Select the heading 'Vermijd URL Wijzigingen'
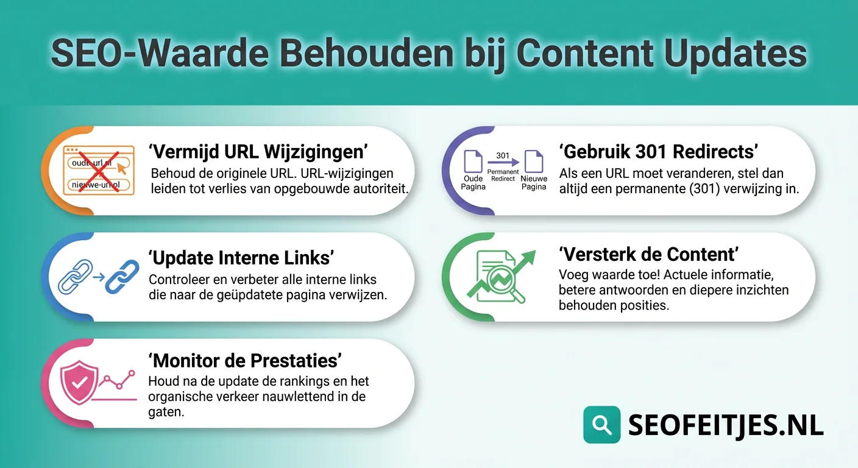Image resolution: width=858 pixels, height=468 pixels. coord(258,152)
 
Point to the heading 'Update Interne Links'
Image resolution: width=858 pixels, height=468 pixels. coord(241,258)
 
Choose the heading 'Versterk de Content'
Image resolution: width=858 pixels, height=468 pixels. coord(649,253)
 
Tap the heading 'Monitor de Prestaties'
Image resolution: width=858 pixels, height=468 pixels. coord(244,360)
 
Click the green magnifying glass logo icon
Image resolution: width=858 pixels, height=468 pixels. coord(601,425)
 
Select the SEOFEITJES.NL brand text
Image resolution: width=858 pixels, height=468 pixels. coord(726,425)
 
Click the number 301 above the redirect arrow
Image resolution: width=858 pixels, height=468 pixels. coord(503,155)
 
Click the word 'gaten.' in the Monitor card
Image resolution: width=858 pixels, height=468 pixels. coord(166,413)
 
